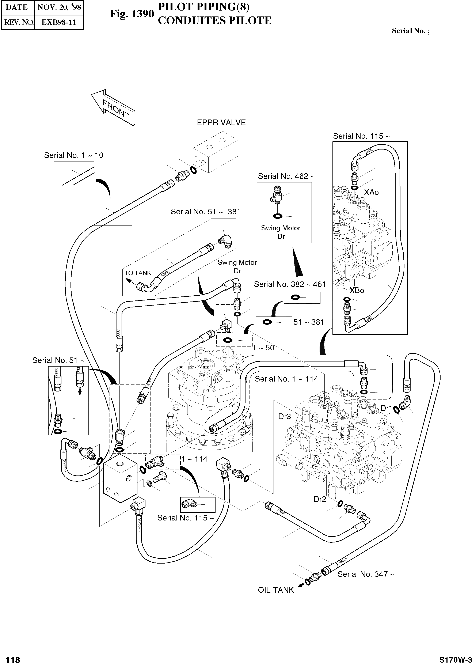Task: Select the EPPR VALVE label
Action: coord(221,123)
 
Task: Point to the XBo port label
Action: coord(357,290)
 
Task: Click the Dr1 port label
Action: coord(386,408)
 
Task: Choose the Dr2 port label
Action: coord(320,499)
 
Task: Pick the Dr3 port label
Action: coord(284,417)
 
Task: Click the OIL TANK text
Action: coord(276,590)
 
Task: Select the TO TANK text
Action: coord(138,273)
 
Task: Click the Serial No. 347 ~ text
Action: coord(366,574)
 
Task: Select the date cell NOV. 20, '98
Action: coord(59,7)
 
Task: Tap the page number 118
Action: coord(13,658)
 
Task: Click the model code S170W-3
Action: coord(455,658)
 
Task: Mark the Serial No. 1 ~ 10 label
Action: coord(73,155)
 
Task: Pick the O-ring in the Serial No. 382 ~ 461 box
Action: coord(295,297)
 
